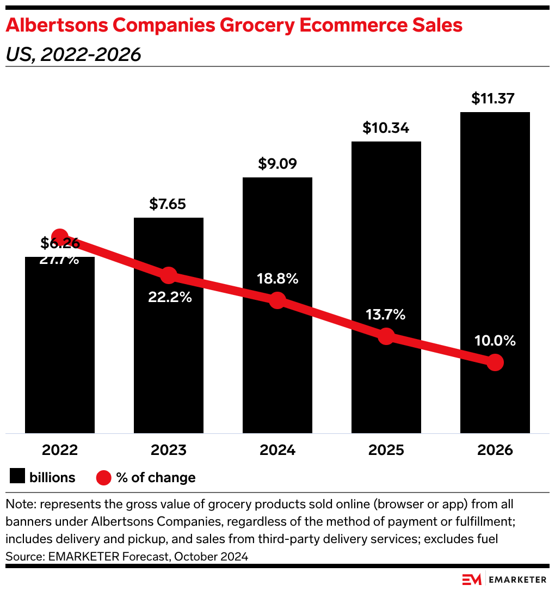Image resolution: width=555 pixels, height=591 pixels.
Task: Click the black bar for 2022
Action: click(60, 348)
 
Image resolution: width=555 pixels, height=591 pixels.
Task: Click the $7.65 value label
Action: click(168, 205)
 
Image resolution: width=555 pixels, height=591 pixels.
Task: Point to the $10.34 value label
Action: click(386, 128)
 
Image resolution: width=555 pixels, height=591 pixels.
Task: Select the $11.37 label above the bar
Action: click(493, 99)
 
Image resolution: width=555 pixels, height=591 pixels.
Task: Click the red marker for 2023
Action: click(169, 275)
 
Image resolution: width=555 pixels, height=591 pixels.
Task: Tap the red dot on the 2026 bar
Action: click(495, 362)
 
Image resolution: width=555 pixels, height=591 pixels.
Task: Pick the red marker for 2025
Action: click(386, 336)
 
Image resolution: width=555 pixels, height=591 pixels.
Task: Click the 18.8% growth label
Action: click(277, 279)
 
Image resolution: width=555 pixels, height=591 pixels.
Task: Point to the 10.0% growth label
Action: click(495, 341)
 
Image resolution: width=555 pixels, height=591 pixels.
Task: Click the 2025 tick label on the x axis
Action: click(386, 450)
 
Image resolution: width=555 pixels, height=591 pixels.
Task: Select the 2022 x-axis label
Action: click(60, 450)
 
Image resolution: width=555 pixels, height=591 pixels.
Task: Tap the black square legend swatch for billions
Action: click(17, 477)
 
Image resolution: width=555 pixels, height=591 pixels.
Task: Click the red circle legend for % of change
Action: click(104, 478)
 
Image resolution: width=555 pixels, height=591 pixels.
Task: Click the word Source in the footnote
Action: click(21, 557)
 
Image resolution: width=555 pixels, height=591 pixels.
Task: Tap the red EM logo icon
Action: click(471, 580)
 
